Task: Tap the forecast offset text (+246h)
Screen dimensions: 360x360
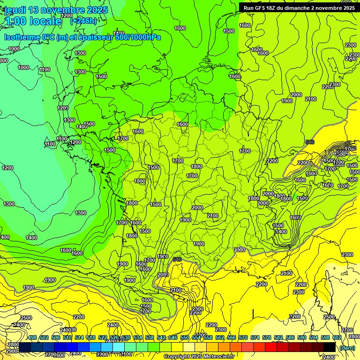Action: point(83,21)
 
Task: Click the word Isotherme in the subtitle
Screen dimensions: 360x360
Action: point(22,37)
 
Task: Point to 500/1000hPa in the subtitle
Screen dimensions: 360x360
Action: point(138,37)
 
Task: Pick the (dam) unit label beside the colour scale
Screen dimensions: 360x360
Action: point(346,347)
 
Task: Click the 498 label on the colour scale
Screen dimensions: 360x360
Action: point(32,337)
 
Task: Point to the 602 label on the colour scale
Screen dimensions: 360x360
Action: point(337,337)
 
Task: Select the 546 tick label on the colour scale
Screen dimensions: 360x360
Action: point(173,337)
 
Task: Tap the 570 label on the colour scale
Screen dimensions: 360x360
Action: point(243,337)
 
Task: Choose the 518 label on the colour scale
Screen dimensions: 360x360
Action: point(91,337)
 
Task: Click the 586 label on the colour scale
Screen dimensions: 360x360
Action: point(290,337)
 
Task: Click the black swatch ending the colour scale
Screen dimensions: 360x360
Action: point(330,347)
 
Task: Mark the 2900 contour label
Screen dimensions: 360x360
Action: point(12,351)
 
